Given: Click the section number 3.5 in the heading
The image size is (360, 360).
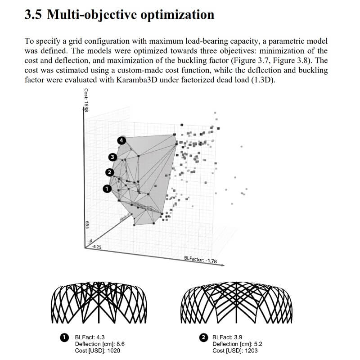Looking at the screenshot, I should click(x=33, y=14).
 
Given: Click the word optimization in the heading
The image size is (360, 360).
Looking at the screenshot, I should click(x=179, y=14).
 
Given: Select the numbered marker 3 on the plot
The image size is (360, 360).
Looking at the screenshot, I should click(x=112, y=157).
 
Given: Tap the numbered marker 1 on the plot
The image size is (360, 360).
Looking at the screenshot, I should click(x=107, y=189).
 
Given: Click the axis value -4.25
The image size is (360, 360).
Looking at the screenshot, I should click(x=96, y=247).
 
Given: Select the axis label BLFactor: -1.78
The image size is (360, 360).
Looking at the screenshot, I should click(x=201, y=260).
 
